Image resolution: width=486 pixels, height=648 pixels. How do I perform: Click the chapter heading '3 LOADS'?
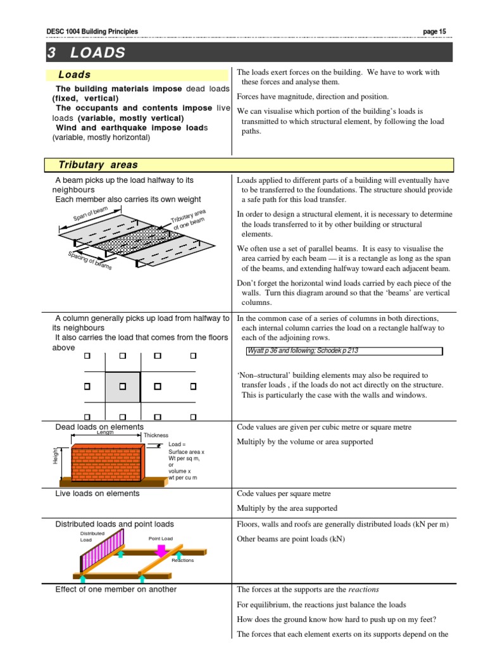(x=87, y=53)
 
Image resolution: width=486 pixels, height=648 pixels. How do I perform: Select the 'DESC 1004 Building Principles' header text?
(x=92, y=32)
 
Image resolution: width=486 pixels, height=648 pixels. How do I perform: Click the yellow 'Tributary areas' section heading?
(x=97, y=165)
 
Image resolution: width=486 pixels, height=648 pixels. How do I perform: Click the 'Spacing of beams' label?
(x=89, y=260)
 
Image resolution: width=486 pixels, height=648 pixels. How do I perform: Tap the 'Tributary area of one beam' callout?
(x=188, y=221)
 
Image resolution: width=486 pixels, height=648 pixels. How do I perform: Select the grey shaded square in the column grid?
(x=123, y=385)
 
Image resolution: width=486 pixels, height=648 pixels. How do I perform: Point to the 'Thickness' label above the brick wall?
(x=156, y=435)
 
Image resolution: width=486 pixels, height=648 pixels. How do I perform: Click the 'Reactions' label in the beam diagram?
(x=183, y=560)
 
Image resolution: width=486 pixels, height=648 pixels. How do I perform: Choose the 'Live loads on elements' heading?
(x=97, y=493)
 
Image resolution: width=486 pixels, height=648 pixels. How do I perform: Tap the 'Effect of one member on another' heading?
(x=116, y=589)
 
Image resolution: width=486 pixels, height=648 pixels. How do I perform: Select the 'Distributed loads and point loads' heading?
(x=115, y=524)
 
